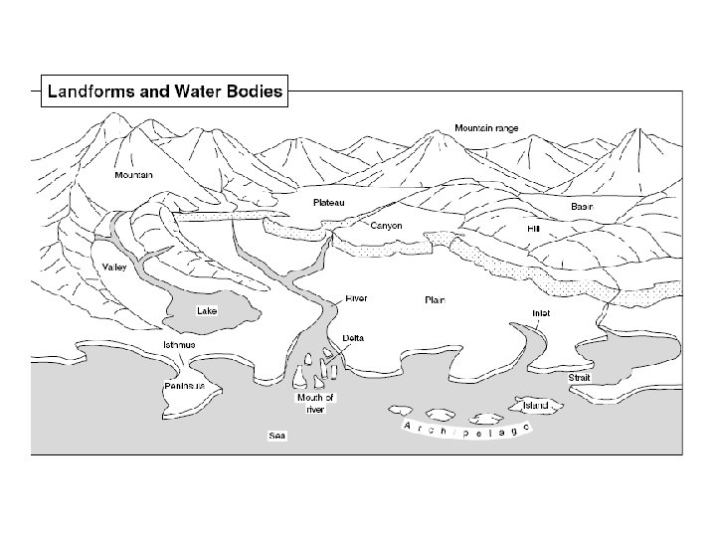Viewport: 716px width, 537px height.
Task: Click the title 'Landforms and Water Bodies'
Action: coord(165,92)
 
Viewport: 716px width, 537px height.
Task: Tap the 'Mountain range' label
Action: coord(486,128)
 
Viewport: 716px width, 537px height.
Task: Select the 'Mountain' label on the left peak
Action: coord(133,175)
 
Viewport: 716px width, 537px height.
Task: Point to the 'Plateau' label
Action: coord(328,202)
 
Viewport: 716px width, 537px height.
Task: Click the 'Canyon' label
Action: coord(386,226)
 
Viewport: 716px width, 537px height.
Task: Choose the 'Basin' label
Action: coord(582,206)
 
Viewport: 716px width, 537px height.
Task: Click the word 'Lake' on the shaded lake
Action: coord(207,310)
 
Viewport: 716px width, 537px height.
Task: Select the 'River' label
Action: coord(356,297)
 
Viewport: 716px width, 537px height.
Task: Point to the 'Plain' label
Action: coord(435,299)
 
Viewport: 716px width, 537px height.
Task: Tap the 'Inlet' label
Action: coord(541,313)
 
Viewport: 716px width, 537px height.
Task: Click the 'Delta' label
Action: coord(353,338)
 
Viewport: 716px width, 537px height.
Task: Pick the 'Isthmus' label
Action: coord(179,345)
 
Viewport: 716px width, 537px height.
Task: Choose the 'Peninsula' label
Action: coord(185,384)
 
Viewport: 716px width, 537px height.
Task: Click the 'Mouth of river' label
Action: coord(315,403)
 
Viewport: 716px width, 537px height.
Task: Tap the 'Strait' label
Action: coord(579,378)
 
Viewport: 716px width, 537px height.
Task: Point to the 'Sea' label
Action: coord(277,436)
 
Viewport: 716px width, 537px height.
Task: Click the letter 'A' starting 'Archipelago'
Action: coord(408,425)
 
